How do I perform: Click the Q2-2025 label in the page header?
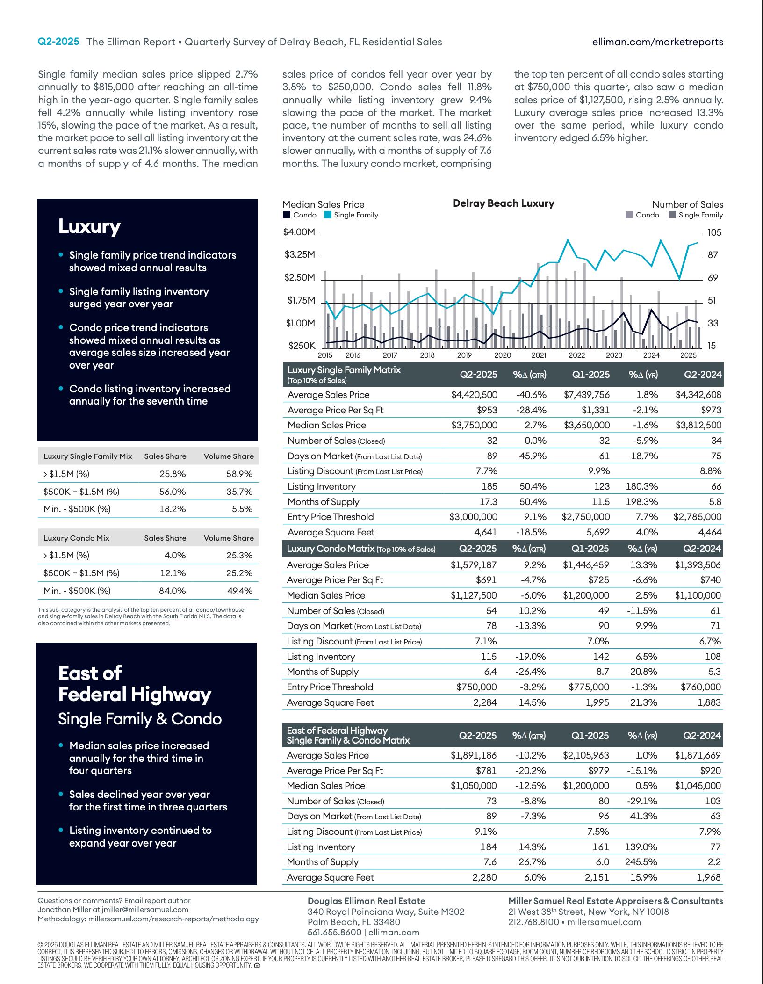click(x=58, y=42)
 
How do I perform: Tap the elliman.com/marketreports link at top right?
click(x=657, y=42)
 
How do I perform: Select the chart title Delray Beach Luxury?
click(x=504, y=203)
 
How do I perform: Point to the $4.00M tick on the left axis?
click(x=299, y=232)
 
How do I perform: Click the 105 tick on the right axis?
click(x=714, y=232)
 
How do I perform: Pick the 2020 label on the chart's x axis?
click(x=503, y=355)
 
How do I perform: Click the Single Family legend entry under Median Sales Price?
click(x=355, y=215)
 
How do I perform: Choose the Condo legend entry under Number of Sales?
click(x=647, y=215)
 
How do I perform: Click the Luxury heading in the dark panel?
click(x=89, y=226)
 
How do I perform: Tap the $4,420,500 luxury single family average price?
click(x=474, y=395)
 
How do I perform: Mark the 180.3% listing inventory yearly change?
click(x=642, y=486)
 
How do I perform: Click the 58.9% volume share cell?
click(x=239, y=474)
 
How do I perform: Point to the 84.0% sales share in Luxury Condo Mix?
click(x=173, y=591)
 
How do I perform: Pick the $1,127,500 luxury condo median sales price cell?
click(x=474, y=595)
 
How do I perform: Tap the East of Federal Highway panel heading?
click(x=135, y=684)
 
